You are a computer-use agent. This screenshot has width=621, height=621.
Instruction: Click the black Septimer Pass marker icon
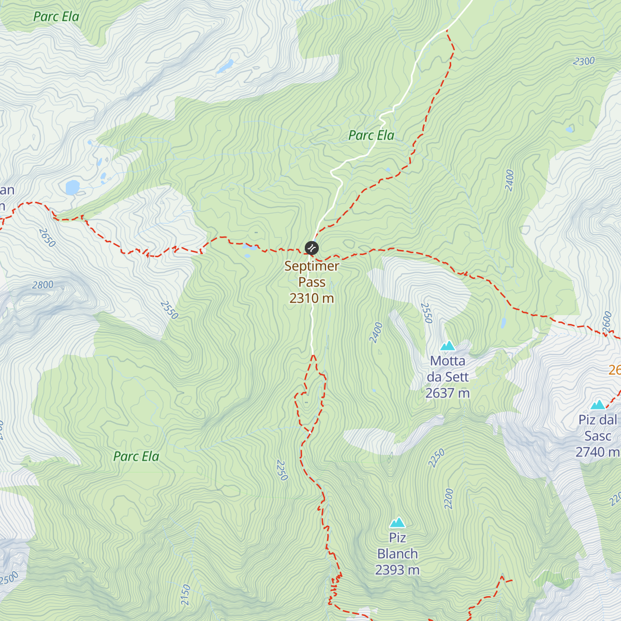tap(312, 248)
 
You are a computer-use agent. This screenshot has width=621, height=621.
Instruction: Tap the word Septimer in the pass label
tap(312, 266)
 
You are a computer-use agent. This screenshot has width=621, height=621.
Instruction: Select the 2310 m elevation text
tap(312, 298)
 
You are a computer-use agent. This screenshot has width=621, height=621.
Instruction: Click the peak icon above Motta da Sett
tap(447, 346)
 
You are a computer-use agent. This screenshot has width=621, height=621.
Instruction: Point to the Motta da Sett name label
tap(448, 368)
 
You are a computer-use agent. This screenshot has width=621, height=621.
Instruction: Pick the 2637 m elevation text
tap(448, 393)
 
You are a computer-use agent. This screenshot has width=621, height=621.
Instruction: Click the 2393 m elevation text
tap(397, 570)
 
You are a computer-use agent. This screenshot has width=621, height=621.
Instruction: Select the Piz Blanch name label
tap(397, 545)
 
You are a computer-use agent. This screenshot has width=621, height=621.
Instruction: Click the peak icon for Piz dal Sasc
tap(598, 404)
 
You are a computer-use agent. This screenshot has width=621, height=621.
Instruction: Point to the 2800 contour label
tap(42, 285)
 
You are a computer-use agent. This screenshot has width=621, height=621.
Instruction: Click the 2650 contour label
tap(46, 239)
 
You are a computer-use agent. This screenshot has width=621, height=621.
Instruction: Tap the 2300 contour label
tap(584, 62)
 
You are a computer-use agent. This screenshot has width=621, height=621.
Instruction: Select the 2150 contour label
tap(186, 595)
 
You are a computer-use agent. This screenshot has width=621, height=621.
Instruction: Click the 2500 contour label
tap(9, 578)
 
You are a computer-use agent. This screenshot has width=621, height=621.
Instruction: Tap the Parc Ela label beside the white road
tap(371, 136)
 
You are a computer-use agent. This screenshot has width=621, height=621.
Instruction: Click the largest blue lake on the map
tap(72, 186)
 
